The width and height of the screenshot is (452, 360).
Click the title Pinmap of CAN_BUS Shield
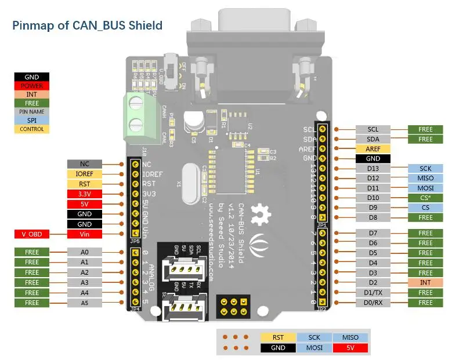tap(88, 26)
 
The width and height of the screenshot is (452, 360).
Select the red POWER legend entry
tap(32, 86)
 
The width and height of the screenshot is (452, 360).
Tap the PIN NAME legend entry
tap(32, 111)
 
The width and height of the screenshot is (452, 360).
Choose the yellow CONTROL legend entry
tap(32, 129)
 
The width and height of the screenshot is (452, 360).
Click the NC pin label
tap(85, 164)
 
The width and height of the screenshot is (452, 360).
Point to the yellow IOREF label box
tap(85, 173)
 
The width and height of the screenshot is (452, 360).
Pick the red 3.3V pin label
tap(85, 194)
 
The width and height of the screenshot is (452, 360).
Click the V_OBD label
tap(32, 234)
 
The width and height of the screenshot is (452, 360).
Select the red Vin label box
tap(85, 234)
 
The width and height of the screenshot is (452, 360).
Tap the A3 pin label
tap(85, 282)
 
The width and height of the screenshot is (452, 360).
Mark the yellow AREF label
tap(373, 148)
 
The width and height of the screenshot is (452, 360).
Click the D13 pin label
tap(373, 169)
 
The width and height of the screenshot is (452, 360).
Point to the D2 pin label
tap(373, 282)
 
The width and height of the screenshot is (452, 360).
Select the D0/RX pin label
tap(373, 303)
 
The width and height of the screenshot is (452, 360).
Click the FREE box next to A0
tap(32, 253)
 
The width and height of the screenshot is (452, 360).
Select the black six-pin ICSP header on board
tap(233, 305)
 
